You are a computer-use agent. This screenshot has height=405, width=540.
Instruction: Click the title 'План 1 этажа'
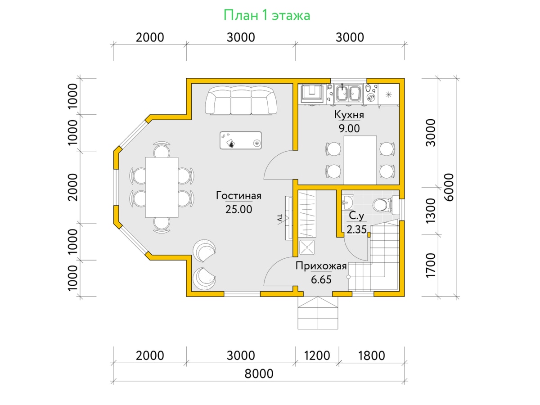click(x=267, y=15)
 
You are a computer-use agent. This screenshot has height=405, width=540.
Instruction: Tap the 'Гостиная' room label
click(x=238, y=195)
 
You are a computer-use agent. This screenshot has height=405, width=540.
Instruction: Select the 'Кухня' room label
click(x=349, y=115)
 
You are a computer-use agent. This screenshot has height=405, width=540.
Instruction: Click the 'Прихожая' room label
click(x=321, y=266)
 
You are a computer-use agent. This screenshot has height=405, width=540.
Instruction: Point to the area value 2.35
click(x=356, y=229)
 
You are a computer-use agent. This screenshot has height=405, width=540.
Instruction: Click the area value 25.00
click(x=238, y=209)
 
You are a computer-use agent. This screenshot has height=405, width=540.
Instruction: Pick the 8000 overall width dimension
click(x=259, y=373)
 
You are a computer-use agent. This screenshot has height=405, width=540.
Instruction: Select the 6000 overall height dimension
click(x=449, y=187)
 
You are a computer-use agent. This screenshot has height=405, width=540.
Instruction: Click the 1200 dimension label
click(x=317, y=355)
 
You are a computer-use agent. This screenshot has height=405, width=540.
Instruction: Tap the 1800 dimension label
click(x=372, y=355)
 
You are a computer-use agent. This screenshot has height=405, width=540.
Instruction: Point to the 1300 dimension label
click(x=431, y=211)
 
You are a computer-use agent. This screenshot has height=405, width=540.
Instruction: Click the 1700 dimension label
click(x=431, y=265)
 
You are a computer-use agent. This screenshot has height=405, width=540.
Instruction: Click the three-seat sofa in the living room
click(x=241, y=100)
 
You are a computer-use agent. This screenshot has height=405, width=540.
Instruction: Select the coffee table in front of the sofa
click(x=241, y=140)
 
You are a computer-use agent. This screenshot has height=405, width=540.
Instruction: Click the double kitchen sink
click(x=348, y=93)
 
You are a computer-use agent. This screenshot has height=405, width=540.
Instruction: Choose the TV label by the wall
click(x=280, y=219)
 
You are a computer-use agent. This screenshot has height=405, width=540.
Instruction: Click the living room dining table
click(x=162, y=187)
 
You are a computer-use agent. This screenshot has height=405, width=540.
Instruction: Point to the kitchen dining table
click(x=360, y=160)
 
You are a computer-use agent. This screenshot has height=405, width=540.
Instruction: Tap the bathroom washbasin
click(x=347, y=202)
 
